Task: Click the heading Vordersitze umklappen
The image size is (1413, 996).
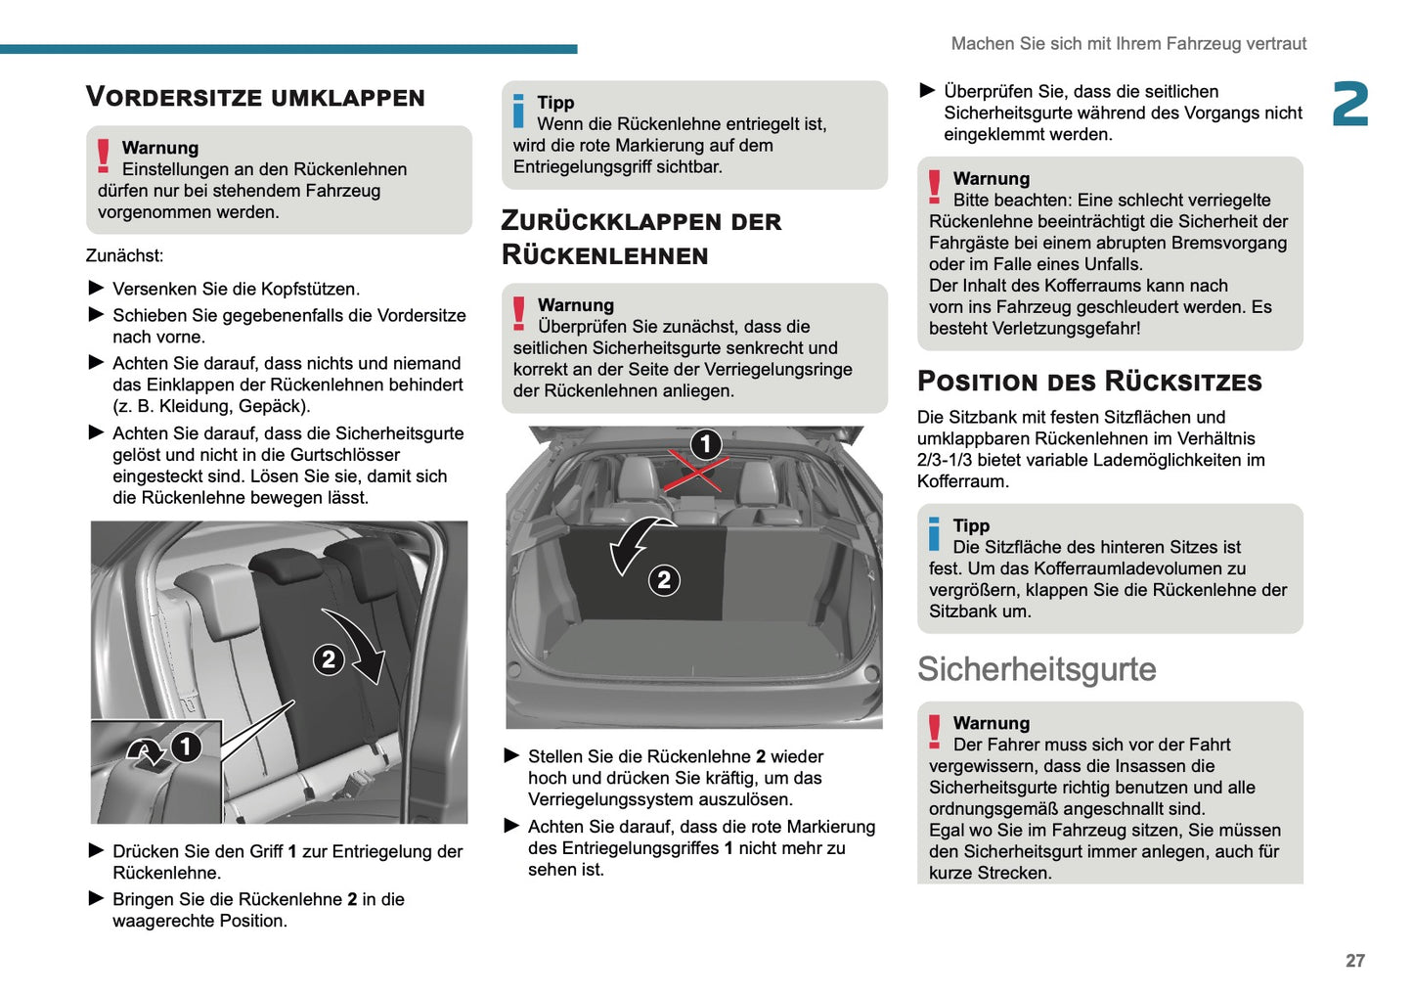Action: pyautogui.click(x=255, y=97)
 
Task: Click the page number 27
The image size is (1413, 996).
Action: pyautogui.click(x=1354, y=961)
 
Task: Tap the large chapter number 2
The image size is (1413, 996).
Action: pyautogui.click(x=1350, y=105)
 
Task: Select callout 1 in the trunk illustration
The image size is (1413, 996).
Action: pyautogui.click(x=706, y=444)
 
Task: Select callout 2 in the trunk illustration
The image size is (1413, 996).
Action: pyautogui.click(x=664, y=580)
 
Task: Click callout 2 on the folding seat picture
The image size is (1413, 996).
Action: pyautogui.click(x=329, y=659)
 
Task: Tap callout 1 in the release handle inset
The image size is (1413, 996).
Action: pyautogui.click(x=186, y=747)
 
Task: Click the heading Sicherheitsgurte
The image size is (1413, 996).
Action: pyautogui.click(x=1037, y=669)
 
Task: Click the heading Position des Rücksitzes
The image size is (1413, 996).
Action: pyautogui.click(x=1089, y=382)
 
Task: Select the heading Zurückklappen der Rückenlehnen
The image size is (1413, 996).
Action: pyautogui.click(x=640, y=238)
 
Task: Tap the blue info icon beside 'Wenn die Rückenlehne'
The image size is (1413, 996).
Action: pyautogui.click(x=519, y=112)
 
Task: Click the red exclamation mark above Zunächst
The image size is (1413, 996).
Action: pyautogui.click(x=103, y=157)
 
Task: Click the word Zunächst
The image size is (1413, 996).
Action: pyautogui.click(x=124, y=256)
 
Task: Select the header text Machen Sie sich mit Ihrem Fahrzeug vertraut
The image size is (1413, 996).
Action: pyautogui.click(x=1128, y=44)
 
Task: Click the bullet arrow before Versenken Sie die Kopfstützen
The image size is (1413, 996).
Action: pyautogui.click(x=96, y=288)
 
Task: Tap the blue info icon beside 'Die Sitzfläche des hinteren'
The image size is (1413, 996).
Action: pyautogui.click(x=935, y=534)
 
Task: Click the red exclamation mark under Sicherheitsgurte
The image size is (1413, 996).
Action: pyautogui.click(x=935, y=732)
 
